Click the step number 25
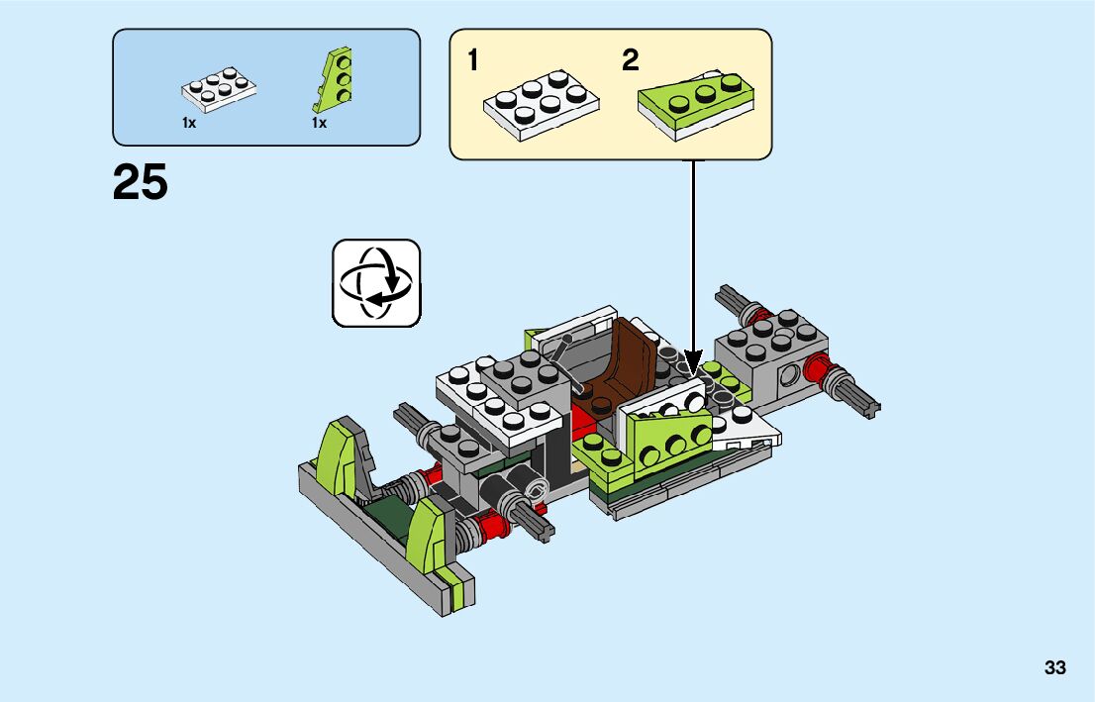[x=141, y=183]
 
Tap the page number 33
[x=1054, y=667]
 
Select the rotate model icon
[x=376, y=282]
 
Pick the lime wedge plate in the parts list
[x=335, y=80]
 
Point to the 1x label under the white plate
[x=189, y=124]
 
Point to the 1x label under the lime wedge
[x=319, y=124]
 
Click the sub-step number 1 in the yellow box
[x=473, y=61]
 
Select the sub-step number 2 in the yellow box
[x=630, y=61]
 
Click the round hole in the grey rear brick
[x=790, y=375]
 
